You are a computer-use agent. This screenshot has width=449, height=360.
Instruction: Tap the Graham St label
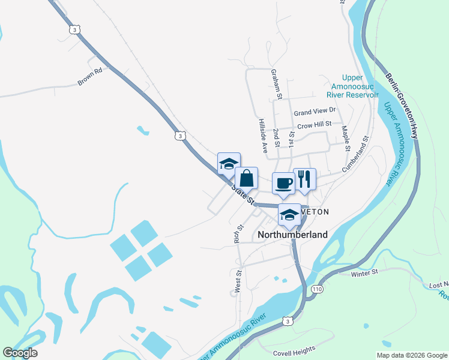tap(276, 83)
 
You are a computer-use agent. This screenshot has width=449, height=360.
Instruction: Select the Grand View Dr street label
tap(314, 112)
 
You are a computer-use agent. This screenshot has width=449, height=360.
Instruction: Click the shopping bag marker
tap(246, 178)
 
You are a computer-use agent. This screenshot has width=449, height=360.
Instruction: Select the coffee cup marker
tap(283, 183)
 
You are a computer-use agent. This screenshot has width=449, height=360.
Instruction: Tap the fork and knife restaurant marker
tap(304, 179)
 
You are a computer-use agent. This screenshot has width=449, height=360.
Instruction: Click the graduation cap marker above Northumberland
tap(289, 215)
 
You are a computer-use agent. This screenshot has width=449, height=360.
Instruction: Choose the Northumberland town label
tap(293, 235)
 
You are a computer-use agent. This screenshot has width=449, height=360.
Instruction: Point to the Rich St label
tap(238, 235)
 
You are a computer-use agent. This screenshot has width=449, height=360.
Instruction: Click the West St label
tap(238, 280)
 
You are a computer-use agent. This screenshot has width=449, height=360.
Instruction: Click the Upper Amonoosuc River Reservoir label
tap(352, 86)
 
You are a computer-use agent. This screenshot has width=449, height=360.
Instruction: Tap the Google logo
tap(20, 353)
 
